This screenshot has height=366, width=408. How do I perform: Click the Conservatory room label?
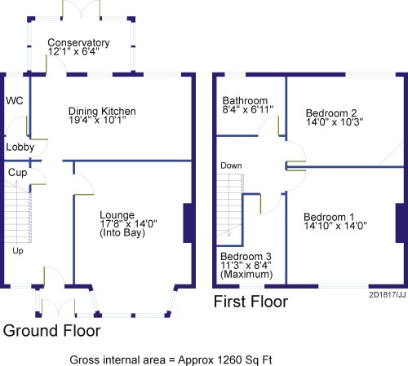78,42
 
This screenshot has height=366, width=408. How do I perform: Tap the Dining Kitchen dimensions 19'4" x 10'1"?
97,120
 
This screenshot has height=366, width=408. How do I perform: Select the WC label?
15,101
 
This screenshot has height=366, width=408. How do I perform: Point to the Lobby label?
20,148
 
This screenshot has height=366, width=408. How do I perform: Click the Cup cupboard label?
18,173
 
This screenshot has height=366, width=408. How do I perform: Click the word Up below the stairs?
18,251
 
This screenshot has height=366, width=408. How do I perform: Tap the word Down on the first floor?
231,165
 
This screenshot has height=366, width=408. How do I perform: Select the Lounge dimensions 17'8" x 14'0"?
128,224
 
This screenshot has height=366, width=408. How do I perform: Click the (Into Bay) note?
122,233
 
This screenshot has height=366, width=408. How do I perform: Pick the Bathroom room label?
245,101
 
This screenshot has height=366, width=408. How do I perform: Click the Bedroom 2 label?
331,113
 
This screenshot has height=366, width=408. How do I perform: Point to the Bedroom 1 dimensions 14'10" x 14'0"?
335,226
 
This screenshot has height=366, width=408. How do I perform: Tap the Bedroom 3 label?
246,257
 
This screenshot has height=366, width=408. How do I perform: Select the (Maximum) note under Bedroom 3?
246,274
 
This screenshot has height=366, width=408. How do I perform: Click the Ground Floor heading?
51,331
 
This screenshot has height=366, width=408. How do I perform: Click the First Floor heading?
251,302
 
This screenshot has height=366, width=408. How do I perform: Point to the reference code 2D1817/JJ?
388,295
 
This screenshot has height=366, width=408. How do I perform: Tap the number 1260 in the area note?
229,360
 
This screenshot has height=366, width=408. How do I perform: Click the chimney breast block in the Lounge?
188,223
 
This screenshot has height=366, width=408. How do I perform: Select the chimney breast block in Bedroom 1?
400,223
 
